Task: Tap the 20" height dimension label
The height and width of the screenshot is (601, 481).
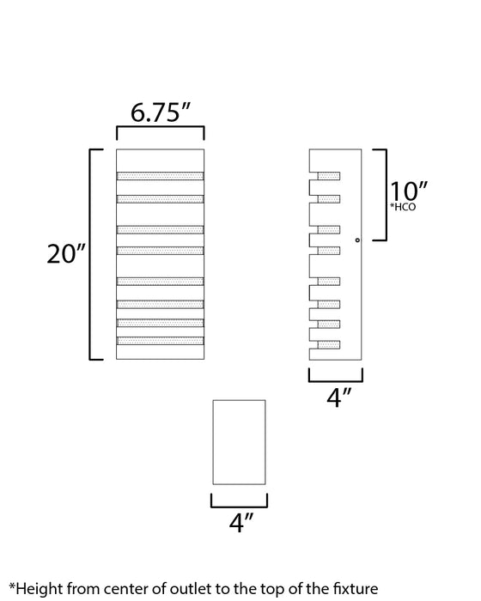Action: pyautogui.click(x=65, y=255)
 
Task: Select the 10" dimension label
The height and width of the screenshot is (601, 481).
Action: pyautogui.click(x=409, y=191)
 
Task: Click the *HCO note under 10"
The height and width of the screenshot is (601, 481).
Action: pyautogui.click(x=403, y=209)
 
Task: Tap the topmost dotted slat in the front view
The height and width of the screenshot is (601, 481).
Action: pyautogui.click(x=161, y=177)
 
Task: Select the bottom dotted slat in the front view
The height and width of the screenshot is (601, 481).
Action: pyautogui.click(x=161, y=341)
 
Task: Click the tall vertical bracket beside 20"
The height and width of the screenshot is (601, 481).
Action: pyautogui.click(x=93, y=254)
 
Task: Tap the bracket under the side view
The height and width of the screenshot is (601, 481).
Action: pyautogui.click(x=336, y=375)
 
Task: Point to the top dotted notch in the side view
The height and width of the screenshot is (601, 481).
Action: pyautogui.click(x=329, y=177)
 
